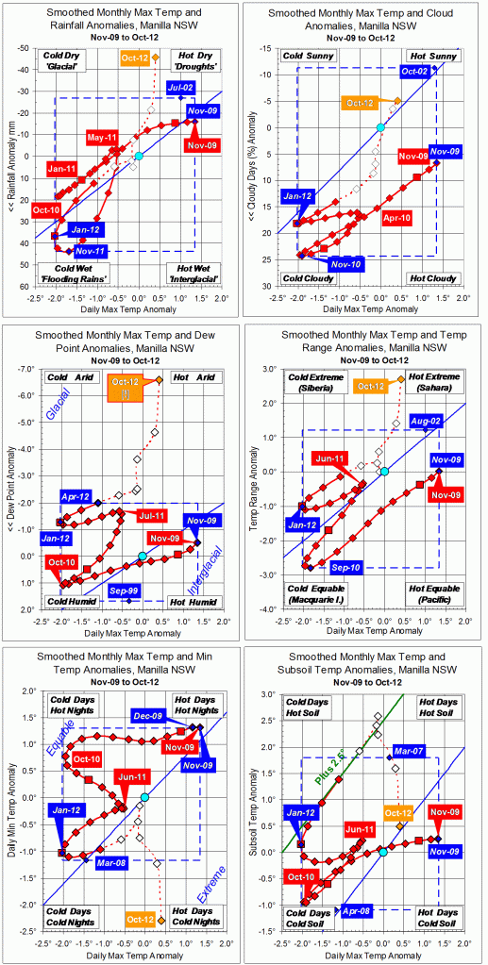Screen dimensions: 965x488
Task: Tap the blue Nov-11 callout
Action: click(x=92, y=251)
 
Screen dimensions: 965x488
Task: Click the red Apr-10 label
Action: click(x=399, y=216)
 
